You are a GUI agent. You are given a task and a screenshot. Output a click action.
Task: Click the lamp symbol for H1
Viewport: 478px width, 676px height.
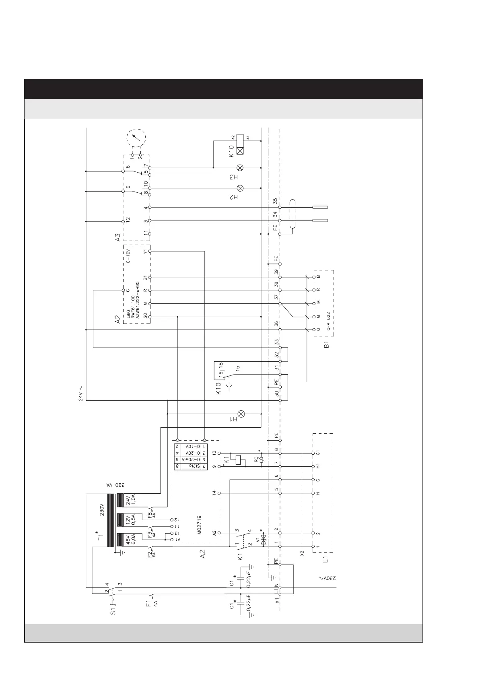coord(242,414)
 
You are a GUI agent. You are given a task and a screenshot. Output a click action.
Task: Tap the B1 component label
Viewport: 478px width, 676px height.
coord(327,344)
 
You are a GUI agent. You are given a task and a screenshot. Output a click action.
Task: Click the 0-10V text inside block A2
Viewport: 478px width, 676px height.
coord(128,256)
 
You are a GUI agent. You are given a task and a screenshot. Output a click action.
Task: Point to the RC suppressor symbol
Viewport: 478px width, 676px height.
coord(262,460)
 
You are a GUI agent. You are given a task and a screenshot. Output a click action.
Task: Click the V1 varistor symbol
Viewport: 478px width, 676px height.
coord(264,540)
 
